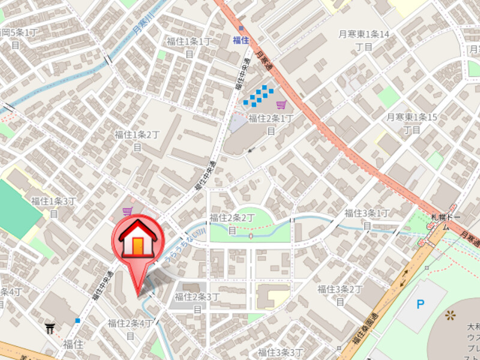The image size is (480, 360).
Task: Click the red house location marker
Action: (138, 240)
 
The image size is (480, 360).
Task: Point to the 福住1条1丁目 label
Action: (189, 47)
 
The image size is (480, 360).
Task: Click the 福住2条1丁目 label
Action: (271, 124)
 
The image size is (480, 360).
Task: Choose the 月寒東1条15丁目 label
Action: (412, 123)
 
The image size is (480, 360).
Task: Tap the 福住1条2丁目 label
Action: (137, 140)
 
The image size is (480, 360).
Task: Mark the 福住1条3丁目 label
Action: (55, 206)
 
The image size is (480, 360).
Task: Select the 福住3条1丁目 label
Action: (367, 218)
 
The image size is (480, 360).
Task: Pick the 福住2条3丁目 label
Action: (197, 302)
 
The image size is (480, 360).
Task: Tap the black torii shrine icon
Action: (49, 328)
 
